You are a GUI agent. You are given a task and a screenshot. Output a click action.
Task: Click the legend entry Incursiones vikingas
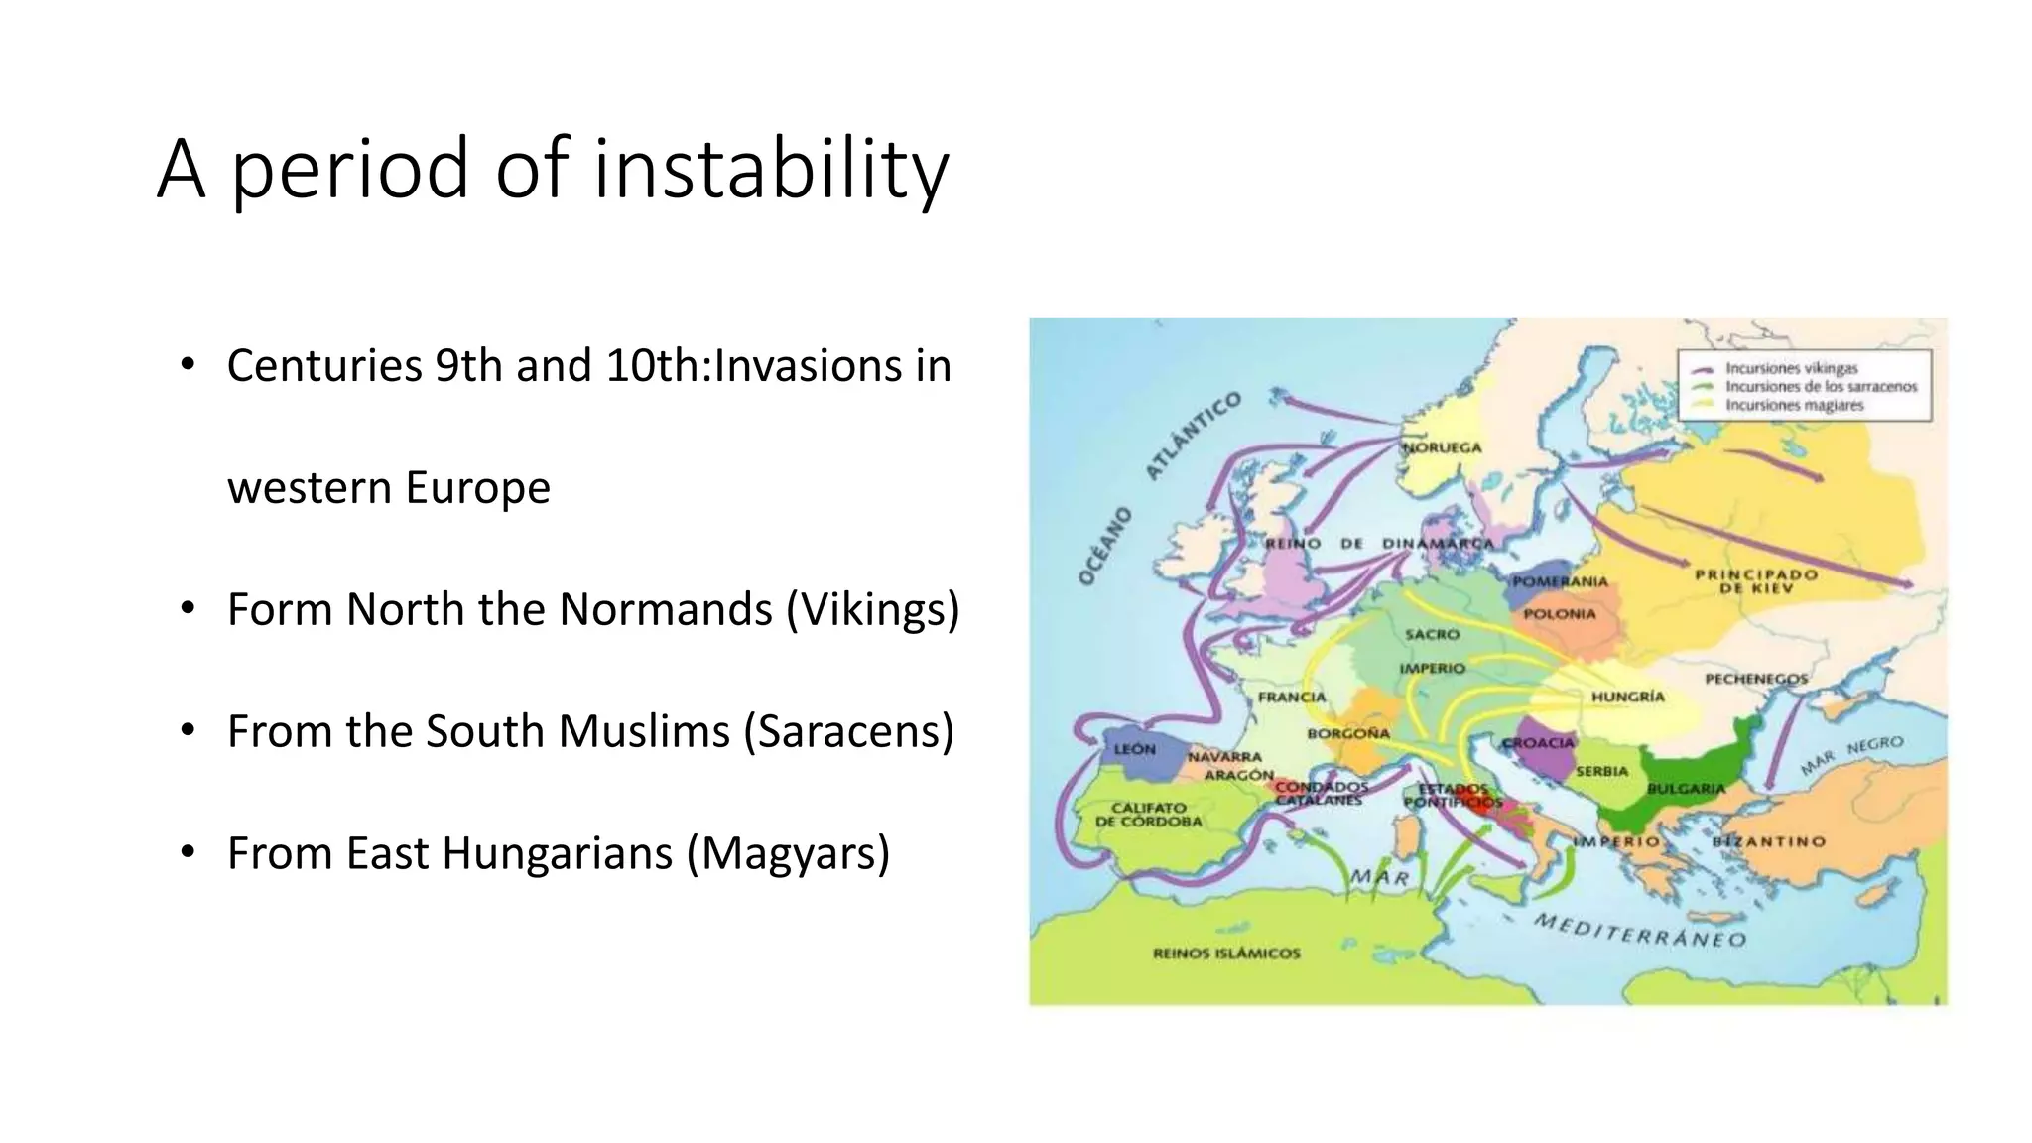(x=1791, y=368)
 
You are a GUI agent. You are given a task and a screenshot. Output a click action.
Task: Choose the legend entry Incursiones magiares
(x=1794, y=405)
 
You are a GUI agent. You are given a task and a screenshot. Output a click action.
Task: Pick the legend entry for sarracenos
(x=1821, y=387)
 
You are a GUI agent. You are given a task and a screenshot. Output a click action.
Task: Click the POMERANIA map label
(x=1560, y=581)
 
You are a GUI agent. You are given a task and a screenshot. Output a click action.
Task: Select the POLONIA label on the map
(x=1560, y=614)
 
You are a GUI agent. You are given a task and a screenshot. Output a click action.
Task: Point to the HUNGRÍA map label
(x=1627, y=697)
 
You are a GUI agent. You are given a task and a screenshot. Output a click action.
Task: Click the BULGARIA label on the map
(x=1686, y=788)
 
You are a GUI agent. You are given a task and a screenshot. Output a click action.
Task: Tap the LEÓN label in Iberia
(x=1134, y=749)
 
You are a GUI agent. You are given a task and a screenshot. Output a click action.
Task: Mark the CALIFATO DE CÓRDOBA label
(x=1148, y=815)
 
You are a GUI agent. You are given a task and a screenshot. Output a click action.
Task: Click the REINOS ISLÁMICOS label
(x=1226, y=953)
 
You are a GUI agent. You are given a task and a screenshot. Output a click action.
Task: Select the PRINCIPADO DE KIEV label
(x=1756, y=581)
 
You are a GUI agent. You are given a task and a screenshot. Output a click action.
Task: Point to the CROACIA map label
(x=1538, y=743)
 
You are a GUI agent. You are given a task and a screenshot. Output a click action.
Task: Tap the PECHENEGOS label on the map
(x=1755, y=679)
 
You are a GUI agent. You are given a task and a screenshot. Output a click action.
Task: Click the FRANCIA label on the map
(x=1292, y=698)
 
